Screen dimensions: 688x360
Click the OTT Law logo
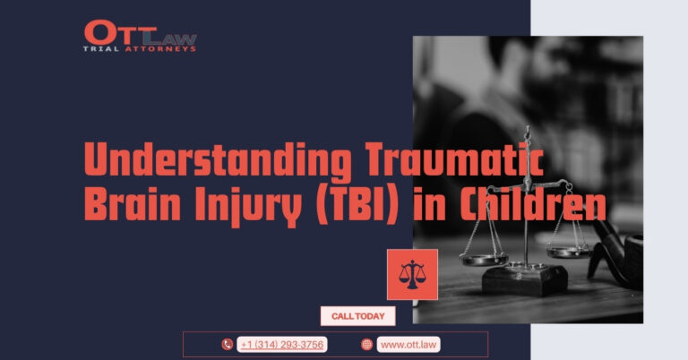tap(140, 36)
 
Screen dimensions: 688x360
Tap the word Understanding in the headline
tap(218, 159)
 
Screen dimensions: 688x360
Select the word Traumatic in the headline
tap(454, 159)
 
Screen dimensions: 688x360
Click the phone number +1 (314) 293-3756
tap(282, 345)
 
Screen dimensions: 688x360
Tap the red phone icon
tap(227, 345)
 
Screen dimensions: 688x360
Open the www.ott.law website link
tap(408, 345)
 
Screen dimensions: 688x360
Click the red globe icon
tap(366, 345)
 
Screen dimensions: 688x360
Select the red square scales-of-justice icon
tap(412, 275)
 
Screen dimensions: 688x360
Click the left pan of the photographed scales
tap(484, 259)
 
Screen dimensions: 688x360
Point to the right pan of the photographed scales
tap(570, 252)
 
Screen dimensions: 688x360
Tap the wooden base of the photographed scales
tap(525, 279)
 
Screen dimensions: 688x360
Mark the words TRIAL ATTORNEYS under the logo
tap(140, 48)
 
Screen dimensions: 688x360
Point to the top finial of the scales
tap(527, 130)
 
